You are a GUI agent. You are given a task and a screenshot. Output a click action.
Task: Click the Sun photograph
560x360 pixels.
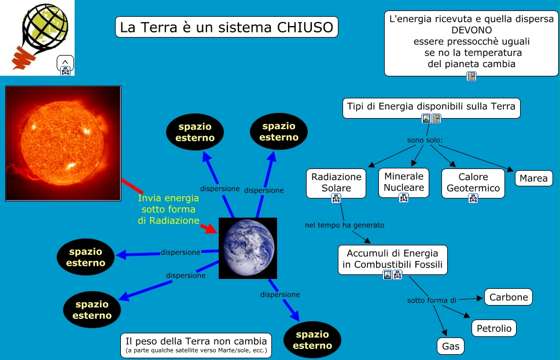62,144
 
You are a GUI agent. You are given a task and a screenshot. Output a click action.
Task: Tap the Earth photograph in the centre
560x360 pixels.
248,248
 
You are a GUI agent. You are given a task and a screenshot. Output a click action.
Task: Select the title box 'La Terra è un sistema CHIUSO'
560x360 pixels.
227,27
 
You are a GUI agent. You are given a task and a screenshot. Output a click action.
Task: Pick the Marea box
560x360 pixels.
533,178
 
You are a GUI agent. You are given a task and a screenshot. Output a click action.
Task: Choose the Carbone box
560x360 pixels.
508,297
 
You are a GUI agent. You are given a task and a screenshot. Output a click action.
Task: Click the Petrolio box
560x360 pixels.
493,328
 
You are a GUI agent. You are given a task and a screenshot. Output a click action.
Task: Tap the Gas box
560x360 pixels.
450,346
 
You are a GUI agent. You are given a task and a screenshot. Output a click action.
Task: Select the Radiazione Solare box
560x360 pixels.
336,182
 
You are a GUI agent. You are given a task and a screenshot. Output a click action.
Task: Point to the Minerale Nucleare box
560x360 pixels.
404,182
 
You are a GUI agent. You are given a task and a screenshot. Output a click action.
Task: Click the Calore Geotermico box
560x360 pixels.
473,182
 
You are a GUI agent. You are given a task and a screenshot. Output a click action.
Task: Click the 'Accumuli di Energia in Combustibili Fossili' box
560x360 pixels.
392,259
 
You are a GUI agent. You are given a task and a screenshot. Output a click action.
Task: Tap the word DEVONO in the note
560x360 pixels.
471,30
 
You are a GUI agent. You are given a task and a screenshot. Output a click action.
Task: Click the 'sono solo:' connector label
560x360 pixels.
425,141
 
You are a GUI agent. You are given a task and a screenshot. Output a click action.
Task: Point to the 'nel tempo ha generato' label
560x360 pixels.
344,225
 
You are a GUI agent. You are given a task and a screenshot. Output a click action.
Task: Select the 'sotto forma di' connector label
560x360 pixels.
432,300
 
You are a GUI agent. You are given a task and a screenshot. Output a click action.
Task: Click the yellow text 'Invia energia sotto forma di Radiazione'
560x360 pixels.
168,210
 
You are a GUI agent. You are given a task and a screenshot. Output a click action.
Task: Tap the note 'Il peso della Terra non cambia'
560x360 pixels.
196,345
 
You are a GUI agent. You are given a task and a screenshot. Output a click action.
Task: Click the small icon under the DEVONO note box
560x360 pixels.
471,76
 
